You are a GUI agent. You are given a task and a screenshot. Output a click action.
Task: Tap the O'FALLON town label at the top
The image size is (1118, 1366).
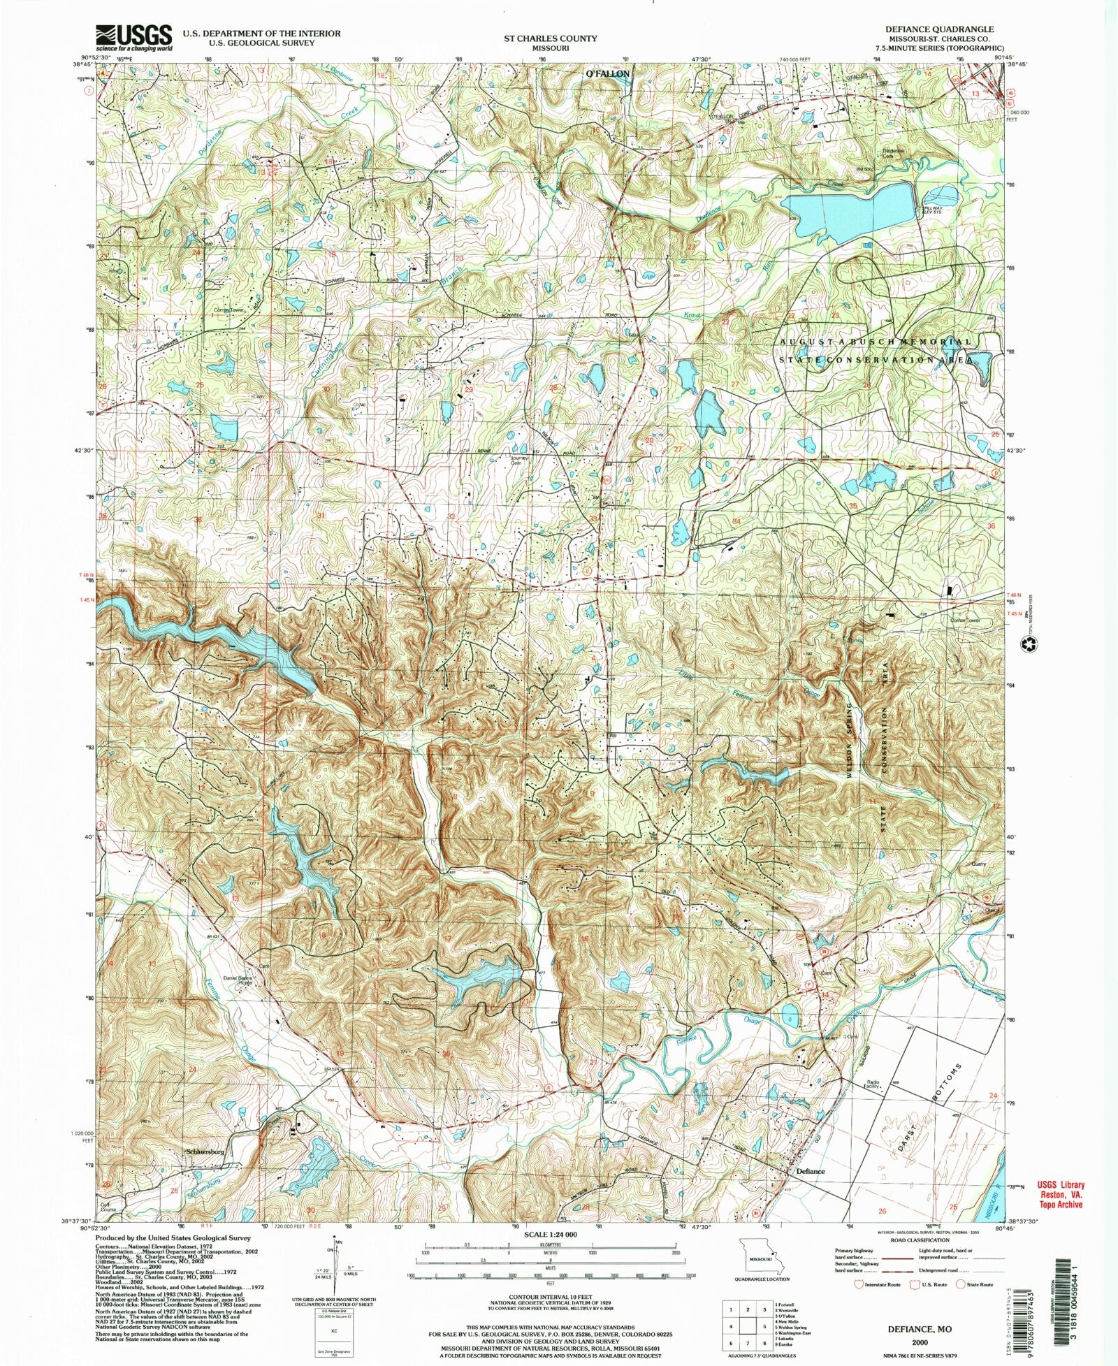click(x=607, y=73)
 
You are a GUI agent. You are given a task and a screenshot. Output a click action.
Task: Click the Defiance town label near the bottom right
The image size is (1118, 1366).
click(x=810, y=1172)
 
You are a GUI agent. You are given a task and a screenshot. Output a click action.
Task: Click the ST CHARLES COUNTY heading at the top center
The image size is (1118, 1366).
click(x=561, y=38)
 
